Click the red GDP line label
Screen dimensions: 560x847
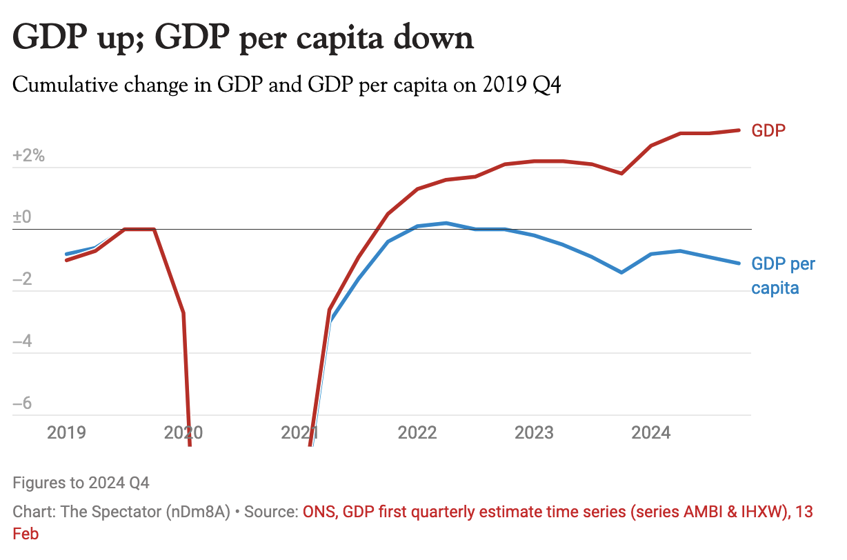click(x=768, y=130)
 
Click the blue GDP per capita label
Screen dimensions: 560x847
click(x=783, y=276)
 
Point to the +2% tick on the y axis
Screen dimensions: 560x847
click(x=28, y=156)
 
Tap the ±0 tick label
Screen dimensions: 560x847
click(x=22, y=217)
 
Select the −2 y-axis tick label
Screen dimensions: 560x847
click(x=22, y=279)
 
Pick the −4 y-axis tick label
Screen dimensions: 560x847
click(x=22, y=341)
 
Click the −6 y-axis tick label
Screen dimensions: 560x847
click(x=22, y=403)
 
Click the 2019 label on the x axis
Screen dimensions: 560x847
click(x=66, y=432)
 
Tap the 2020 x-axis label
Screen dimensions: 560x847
click(x=183, y=432)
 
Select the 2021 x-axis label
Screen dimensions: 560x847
click(x=300, y=432)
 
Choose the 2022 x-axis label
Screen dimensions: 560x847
click(x=417, y=432)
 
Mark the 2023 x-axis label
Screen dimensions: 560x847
click(x=535, y=432)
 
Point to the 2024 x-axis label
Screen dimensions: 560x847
click(x=651, y=432)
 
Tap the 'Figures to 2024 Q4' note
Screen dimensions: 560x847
click(x=81, y=482)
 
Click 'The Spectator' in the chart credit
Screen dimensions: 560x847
click(x=103, y=512)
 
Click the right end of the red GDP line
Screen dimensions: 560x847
click(x=739, y=130)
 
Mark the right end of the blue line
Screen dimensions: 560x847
click(x=739, y=263)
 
